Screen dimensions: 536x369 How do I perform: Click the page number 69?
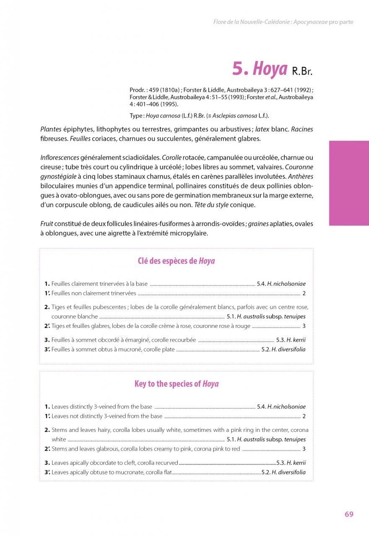(349, 514)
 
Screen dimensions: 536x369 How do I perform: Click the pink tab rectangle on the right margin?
(349, 183)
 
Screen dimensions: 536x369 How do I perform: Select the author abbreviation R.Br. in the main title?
(302, 71)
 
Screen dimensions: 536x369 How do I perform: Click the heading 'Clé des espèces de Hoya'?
(176, 261)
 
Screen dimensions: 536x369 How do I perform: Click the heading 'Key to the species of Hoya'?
(176, 384)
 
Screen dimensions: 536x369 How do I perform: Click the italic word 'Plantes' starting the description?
(51, 129)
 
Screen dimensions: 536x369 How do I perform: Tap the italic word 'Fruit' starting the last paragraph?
(47, 224)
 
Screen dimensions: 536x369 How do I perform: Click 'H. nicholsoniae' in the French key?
(286, 284)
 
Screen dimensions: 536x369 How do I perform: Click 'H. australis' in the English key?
(251, 439)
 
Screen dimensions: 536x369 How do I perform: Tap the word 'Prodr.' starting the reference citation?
(137, 90)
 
